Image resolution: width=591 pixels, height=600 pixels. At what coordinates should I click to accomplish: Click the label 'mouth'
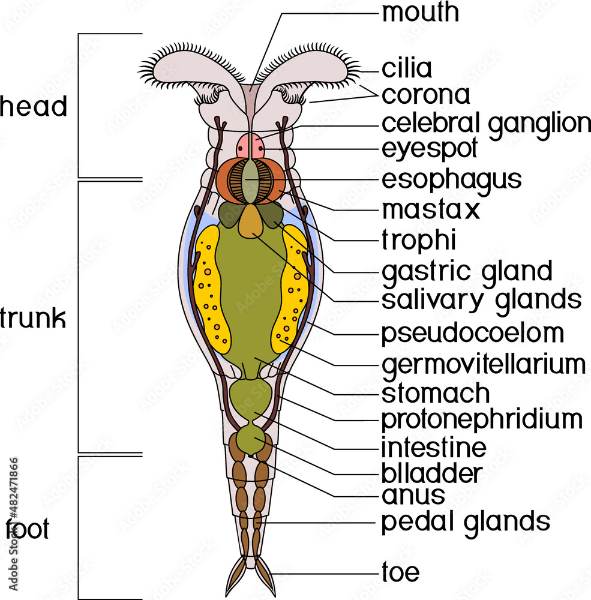421,13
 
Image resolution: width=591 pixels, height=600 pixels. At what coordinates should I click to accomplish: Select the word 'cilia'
406,68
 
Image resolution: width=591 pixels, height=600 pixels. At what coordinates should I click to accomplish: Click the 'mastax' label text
431,210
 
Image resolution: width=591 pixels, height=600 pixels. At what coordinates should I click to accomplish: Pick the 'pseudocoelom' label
472,333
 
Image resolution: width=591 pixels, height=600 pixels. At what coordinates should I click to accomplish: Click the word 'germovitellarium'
483,364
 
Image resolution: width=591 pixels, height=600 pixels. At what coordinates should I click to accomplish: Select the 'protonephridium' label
482,419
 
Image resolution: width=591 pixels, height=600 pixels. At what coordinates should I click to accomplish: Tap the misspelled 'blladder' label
431,473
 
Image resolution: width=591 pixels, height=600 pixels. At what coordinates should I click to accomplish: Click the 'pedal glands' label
466,521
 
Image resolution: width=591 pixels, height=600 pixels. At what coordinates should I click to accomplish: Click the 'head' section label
33,107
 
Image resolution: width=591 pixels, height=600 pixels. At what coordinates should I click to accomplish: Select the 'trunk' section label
33,319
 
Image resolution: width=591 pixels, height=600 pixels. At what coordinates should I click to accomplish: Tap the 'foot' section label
28,531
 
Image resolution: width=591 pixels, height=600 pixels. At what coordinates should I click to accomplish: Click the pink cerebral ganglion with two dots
250,146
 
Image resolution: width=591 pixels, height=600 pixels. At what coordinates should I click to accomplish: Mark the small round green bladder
250,440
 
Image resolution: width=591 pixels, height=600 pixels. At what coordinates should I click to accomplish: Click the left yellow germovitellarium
211,288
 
